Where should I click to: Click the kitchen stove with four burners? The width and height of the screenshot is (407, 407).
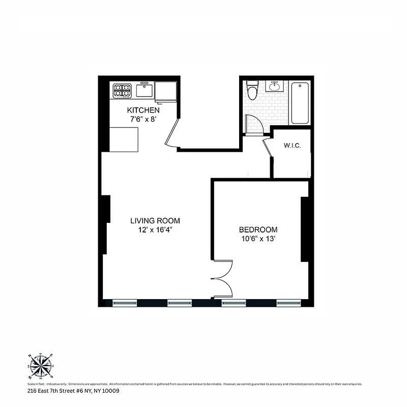(x=122, y=91)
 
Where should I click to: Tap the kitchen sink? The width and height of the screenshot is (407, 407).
(x=143, y=91)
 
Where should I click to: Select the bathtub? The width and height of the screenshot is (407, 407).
(x=300, y=103)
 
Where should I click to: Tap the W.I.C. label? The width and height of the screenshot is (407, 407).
(x=292, y=146)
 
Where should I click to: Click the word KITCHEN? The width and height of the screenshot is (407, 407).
(x=143, y=110)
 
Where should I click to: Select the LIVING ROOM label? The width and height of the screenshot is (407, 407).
(x=155, y=221)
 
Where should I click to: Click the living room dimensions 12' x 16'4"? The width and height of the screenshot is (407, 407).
(x=155, y=230)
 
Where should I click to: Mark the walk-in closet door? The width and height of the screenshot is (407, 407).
(x=268, y=148)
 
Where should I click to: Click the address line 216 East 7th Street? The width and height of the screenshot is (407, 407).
(x=73, y=391)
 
